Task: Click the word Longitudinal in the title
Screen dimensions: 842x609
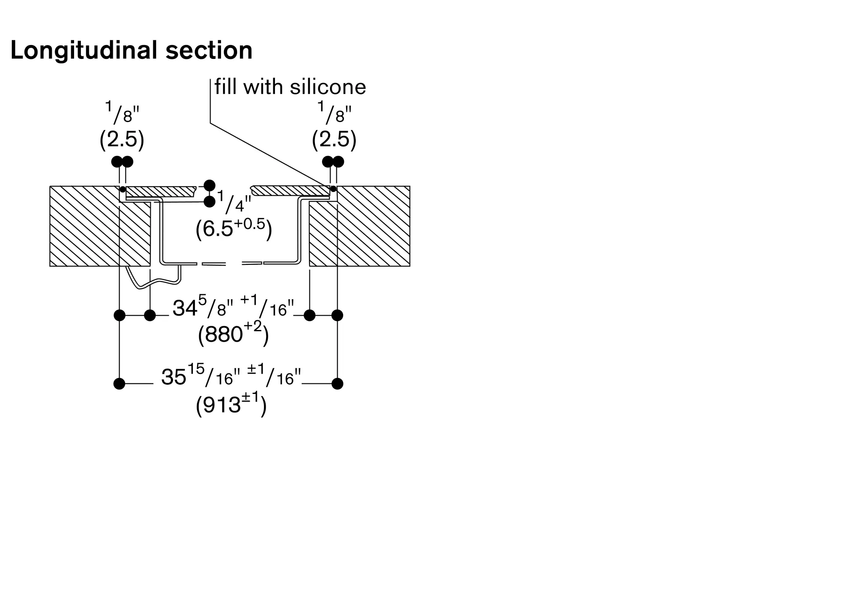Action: click(x=84, y=51)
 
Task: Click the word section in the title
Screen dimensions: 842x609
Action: click(x=209, y=51)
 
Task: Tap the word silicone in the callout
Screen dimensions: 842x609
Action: click(x=328, y=87)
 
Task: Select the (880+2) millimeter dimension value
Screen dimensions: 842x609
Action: click(x=233, y=335)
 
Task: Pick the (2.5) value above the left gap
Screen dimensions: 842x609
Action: click(x=122, y=139)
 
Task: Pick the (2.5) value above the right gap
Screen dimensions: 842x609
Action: click(x=334, y=139)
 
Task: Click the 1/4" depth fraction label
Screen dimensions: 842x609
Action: click(x=234, y=202)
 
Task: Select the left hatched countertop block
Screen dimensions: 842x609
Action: click(x=100, y=226)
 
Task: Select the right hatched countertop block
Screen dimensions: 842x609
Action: click(x=360, y=226)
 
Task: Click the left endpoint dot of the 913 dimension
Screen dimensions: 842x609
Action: click(x=120, y=384)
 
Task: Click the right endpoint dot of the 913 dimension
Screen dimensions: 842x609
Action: click(x=337, y=384)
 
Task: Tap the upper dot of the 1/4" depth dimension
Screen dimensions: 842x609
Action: click(x=209, y=185)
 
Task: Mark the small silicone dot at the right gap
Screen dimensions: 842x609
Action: click(x=333, y=189)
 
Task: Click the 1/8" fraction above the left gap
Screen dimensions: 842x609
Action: click(x=122, y=113)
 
